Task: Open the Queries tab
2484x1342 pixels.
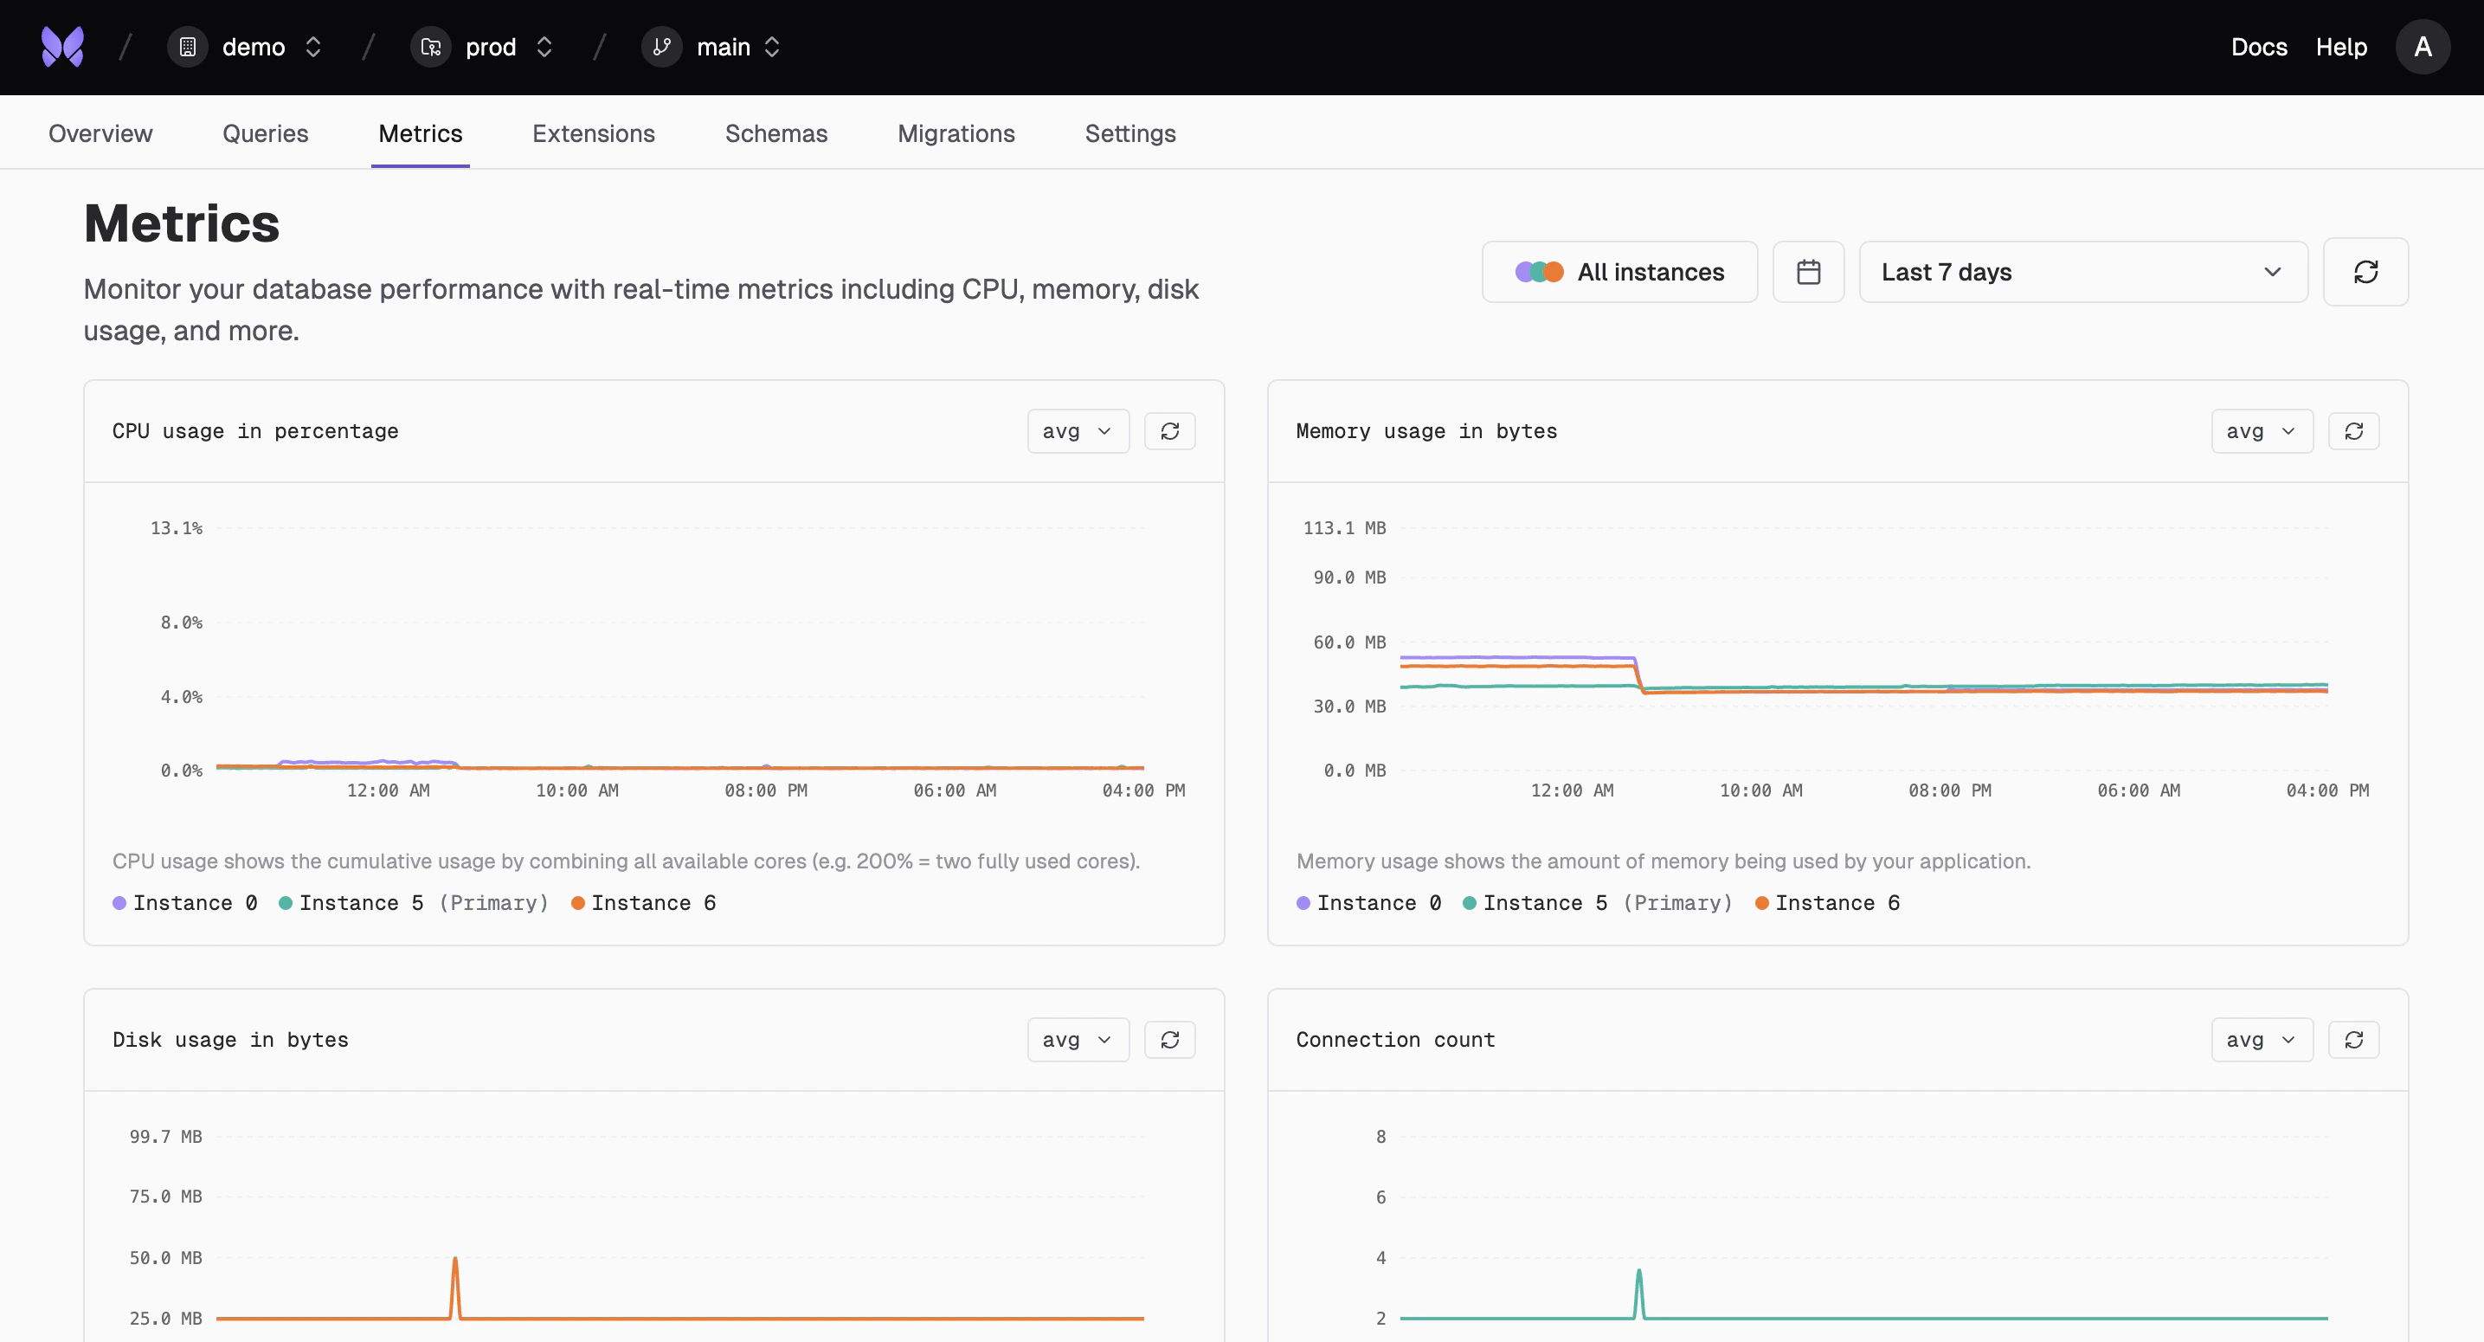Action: click(265, 133)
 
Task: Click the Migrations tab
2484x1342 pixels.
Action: click(956, 133)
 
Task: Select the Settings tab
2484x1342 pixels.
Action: click(1130, 133)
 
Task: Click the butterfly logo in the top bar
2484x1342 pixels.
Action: click(62, 46)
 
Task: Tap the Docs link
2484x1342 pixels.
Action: click(2258, 46)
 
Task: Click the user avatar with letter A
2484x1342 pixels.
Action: click(2422, 46)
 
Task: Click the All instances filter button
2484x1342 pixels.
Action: click(1620, 272)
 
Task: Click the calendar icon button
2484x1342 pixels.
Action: click(1808, 272)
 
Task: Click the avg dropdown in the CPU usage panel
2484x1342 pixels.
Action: click(1077, 431)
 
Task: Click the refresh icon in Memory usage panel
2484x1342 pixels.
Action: click(2352, 431)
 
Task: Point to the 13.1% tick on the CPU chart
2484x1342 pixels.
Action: click(177, 528)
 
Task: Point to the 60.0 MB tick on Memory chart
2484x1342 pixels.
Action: click(1349, 642)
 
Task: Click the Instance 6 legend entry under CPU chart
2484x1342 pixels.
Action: click(644, 903)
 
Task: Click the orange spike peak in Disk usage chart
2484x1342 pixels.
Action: click(455, 1259)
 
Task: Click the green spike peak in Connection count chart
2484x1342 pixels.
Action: click(1638, 1272)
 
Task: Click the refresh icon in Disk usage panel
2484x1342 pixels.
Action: click(1169, 1040)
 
